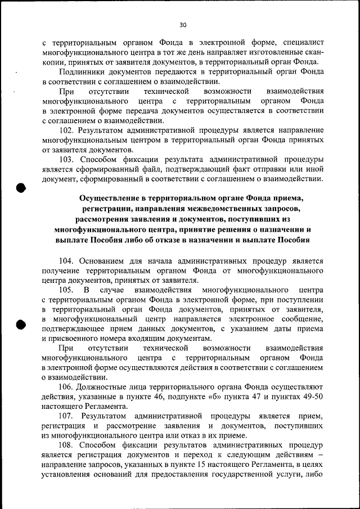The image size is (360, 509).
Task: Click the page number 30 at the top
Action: pyautogui.click(x=183, y=25)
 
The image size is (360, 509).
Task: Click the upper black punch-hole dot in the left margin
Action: pyautogui.click(x=21, y=188)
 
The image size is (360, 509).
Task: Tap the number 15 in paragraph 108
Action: pyautogui.click(x=194, y=466)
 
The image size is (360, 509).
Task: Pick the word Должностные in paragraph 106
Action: pyautogui.click(x=105, y=387)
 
